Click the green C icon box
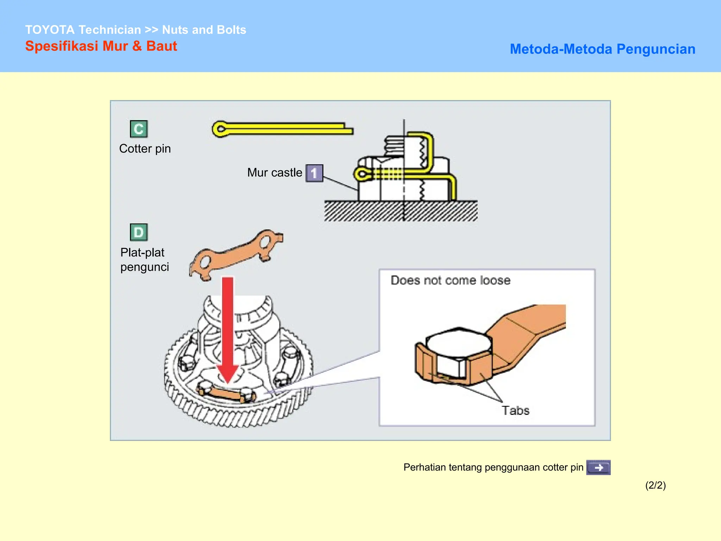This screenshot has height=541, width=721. click(139, 129)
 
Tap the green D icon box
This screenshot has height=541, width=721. click(139, 232)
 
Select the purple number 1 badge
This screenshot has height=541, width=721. click(314, 173)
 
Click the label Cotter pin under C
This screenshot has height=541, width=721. click(145, 149)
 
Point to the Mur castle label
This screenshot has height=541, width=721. click(275, 173)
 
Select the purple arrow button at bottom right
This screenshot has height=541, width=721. click(598, 467)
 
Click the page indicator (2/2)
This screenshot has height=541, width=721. click(655, 485)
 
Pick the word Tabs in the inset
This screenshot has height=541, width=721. click(515, 411)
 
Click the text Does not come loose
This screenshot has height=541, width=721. click(450, 280)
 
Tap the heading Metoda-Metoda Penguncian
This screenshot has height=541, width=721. click(602, 49)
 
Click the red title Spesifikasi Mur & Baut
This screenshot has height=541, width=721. click(101, 46)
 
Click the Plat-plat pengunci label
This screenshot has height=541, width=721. click(144, 260)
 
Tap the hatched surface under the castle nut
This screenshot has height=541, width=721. click(401, 211)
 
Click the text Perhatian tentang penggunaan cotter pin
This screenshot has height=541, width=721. click(493, 467)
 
